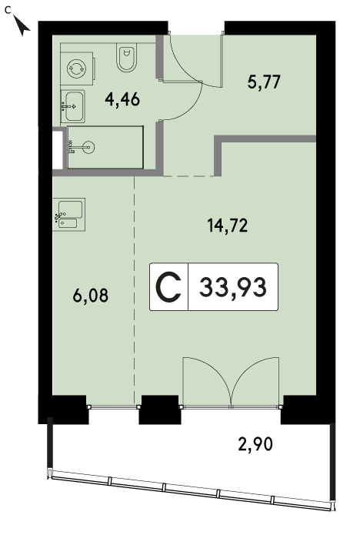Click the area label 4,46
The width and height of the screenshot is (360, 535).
click(122, 100)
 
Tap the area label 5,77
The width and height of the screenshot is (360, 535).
click(264, 82)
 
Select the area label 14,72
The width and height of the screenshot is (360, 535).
click(228, 226)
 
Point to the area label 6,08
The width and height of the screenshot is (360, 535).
click(90, 295)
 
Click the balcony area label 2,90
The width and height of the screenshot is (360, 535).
click(255, 445)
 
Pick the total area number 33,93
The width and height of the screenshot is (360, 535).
click(233, 287)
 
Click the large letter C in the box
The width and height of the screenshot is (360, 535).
click(168, 287)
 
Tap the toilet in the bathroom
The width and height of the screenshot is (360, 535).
click(127, 57)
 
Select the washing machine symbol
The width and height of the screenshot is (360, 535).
click(77, 69)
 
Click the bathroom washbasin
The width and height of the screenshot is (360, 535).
click(73, 106)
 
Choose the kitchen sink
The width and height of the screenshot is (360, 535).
click(69, 214)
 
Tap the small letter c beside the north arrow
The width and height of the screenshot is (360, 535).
click(8, 10)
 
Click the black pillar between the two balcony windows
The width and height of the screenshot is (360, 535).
click(159, 410)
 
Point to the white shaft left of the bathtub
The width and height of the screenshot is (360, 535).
click(58, 149)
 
